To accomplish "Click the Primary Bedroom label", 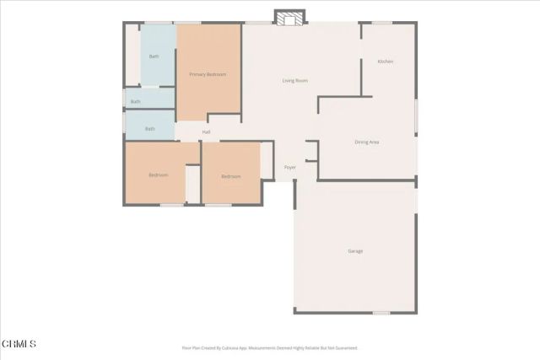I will point(208,75).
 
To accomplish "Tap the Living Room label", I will point(294,81).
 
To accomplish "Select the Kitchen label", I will point(385,62).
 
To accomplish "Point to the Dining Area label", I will point(366,142).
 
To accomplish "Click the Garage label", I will point(356,251).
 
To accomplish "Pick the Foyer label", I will point(289,168).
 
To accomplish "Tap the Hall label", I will point(206,132).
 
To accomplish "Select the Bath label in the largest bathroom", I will point(154,56).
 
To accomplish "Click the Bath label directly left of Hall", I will point(150,129).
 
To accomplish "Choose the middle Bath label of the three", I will point(136,102).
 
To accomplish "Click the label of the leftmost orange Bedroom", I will point(158,175).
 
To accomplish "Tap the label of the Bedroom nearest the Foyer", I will point(231,176).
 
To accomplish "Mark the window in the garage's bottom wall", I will point(381,314).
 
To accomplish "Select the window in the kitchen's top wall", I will point(382,23).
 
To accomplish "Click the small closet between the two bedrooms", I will point(193,184).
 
